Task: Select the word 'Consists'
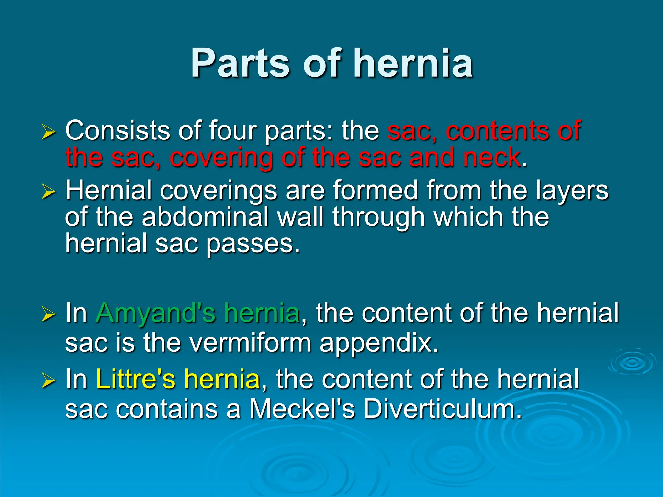118,131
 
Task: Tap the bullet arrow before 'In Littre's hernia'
49,381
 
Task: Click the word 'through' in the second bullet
378,217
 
